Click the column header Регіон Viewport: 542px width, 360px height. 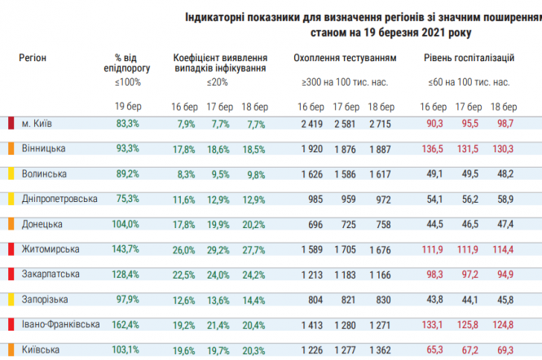click(33, 58)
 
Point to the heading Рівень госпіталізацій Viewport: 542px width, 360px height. click(469, 58)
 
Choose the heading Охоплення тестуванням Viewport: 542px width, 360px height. click(345, 58)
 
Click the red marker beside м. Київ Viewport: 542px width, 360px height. click(11, 123)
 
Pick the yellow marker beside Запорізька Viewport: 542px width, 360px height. click(11, 299)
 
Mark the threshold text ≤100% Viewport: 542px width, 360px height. click(128, 82)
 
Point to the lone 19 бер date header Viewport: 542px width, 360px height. click(128, 107)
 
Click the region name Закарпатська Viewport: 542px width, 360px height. click(49, 274)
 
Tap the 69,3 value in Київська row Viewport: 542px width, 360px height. click(505, 349)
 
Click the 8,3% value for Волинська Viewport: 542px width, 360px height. click(185, 173)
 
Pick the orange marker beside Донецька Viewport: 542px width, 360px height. click(11, 224)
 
